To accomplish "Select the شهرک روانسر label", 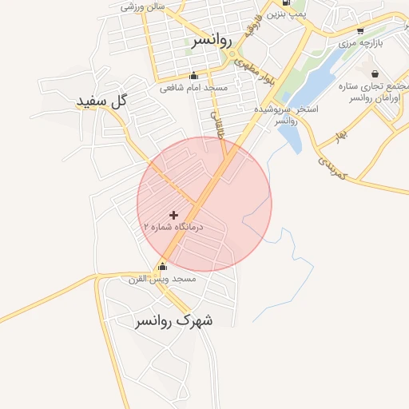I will pyautogui.click(x=173, y=320).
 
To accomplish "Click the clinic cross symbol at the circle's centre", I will pyautogui.click(x=174, y=215).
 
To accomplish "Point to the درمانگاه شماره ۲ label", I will pyautogui.click(x=173, y=227).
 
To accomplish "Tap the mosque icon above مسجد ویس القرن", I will pyautogui.click(x=163, y=267).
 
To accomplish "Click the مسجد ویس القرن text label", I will pyautogui.click(x=163, y=280).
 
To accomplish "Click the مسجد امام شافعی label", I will pyautogui.click(x=194, y=88).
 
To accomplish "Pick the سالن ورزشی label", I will pyautogui.click(x=143, y=6).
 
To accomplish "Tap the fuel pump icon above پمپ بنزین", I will pyautogui.click(x=287, y=2).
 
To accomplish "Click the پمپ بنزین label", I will pyautogui.click(x=287, y=14).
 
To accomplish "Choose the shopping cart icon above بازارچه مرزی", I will pyautogui.click(x=360, y=30).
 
